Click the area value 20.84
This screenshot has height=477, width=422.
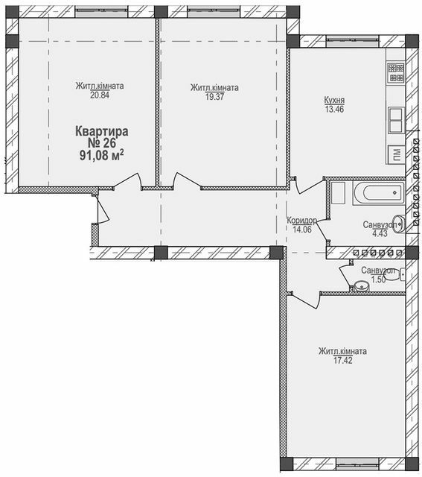(100, 95)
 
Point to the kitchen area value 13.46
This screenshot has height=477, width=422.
(334, 110)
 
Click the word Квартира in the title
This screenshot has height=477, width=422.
(102, 131)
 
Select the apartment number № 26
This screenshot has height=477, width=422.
(102, 143)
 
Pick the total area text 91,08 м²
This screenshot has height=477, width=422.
(102, 155)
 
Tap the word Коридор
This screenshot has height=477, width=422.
(302, 221)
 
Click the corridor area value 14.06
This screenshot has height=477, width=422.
(302, 230)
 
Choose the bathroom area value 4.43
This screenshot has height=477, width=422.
(380, 233)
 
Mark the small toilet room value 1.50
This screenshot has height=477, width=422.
(377, 279)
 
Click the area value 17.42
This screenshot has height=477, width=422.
(343, 361)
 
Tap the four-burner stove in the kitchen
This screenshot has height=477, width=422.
(396, 72)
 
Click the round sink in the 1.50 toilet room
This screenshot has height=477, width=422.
(362, 285)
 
